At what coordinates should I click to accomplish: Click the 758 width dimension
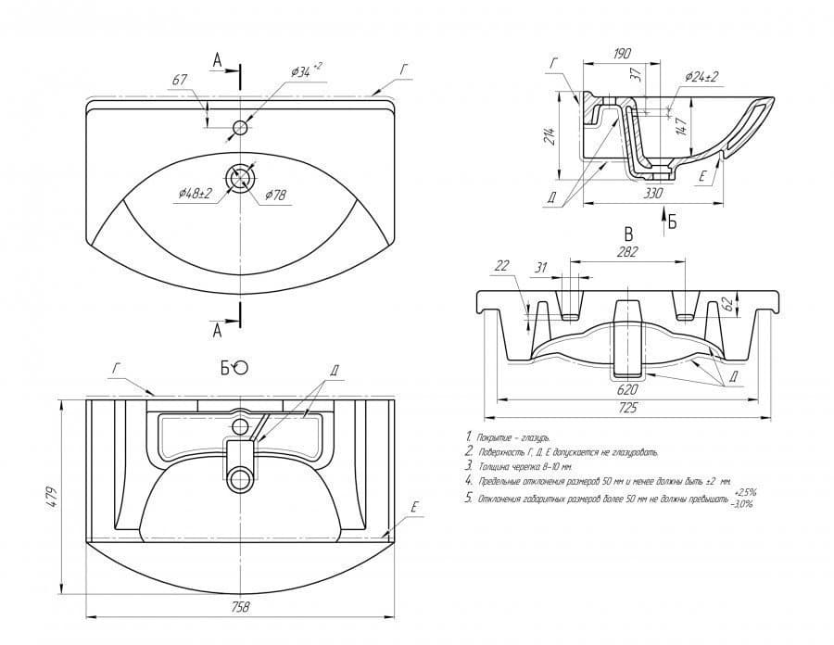[239, 608]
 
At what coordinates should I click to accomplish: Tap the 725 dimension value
[628, 408]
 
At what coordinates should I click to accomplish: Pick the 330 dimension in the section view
[654, 193]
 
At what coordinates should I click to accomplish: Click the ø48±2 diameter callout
[196, 193]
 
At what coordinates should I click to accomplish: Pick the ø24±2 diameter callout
[702, 77]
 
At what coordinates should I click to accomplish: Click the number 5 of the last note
[469, 499]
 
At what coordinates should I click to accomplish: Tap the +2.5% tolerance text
[746, 492]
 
